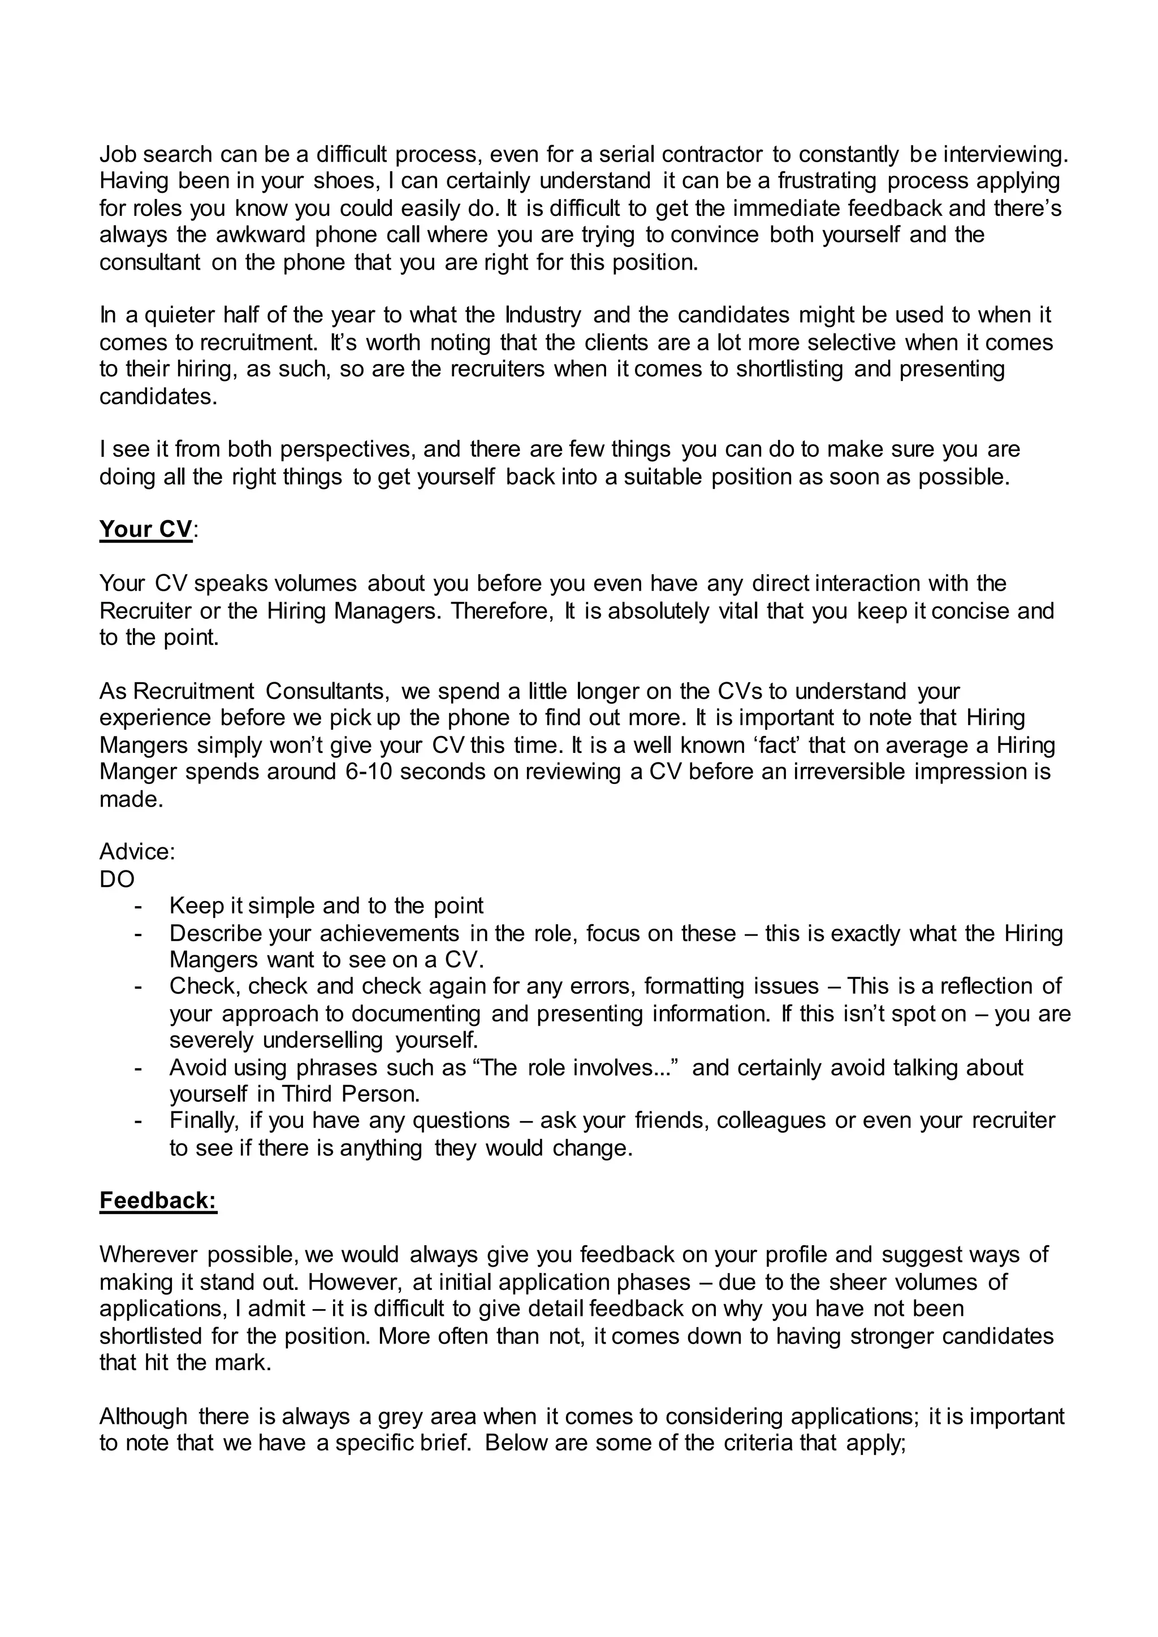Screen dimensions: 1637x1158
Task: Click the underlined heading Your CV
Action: tap(145, 530)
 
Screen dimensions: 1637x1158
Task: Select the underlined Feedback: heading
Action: tap(158, 1201)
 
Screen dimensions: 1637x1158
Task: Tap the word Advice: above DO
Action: tap(137, 852)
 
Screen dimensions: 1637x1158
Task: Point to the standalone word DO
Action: tap(117, 879)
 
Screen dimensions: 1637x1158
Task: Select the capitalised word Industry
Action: tap(543, 315)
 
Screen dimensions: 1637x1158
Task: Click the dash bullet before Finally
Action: tap(139, 1121)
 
